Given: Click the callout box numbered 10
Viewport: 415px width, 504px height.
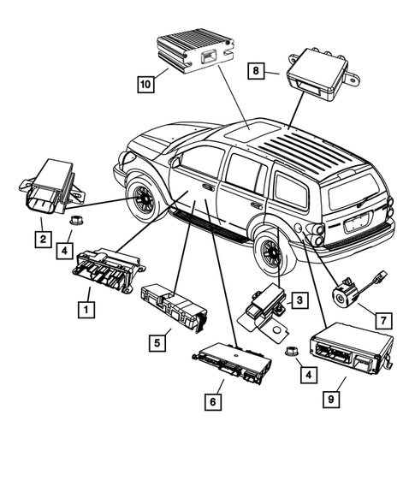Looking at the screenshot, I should pos(146,83).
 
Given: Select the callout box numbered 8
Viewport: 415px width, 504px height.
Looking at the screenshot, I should pos(258,72).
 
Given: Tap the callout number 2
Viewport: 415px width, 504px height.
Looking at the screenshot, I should pos(42,239).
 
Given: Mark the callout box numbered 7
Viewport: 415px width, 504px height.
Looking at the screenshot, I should pos(384,320).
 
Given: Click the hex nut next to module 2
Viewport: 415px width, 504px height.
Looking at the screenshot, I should pos(75,223).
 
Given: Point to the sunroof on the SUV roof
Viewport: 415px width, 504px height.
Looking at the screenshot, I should pos(249,131).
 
